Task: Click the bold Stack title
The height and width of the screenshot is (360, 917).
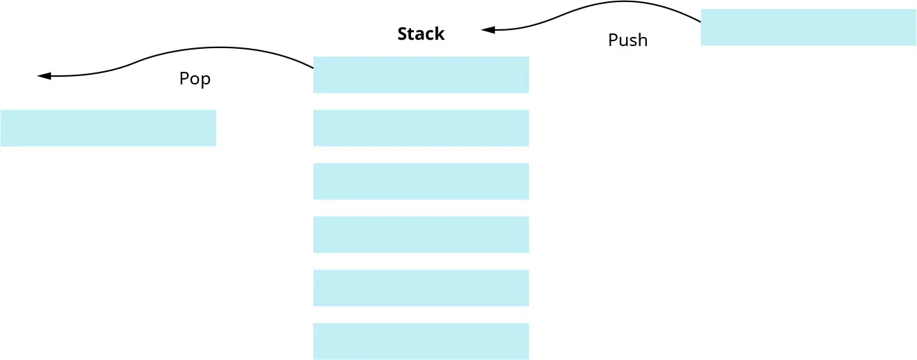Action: (x=421, y=33)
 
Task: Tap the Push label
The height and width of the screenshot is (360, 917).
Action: (x=627, y=40)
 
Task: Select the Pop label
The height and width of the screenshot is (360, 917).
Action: (x=195, y=79)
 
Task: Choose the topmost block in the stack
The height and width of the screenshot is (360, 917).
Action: (x=421, y=75)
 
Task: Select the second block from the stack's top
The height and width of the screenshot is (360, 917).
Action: (x=421, y=128)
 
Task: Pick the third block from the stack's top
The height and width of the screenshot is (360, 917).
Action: (x=421, y=181)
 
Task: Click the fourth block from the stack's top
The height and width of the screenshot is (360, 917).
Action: (x=421, y=234)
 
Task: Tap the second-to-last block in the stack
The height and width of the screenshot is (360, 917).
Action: (x=421, y=288)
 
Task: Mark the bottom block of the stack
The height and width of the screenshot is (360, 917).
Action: (x=421, y=341)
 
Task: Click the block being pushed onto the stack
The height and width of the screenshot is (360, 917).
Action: (x=808, y=27)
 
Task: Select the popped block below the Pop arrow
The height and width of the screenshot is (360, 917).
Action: (x=108, y=128)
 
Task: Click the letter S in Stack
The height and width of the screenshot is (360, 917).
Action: (x=402, y=33)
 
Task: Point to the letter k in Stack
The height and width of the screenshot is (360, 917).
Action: (x=440, y=33)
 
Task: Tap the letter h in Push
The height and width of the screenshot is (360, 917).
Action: (x=643, y=40)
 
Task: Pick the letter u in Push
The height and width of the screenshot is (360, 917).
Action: (x=622, y=41)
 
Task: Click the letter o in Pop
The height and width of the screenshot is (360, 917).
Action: (x=195, y=80)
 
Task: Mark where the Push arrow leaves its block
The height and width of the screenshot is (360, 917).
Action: (x=700, y=22)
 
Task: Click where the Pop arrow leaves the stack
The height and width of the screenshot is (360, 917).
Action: (x=313, y=68)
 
